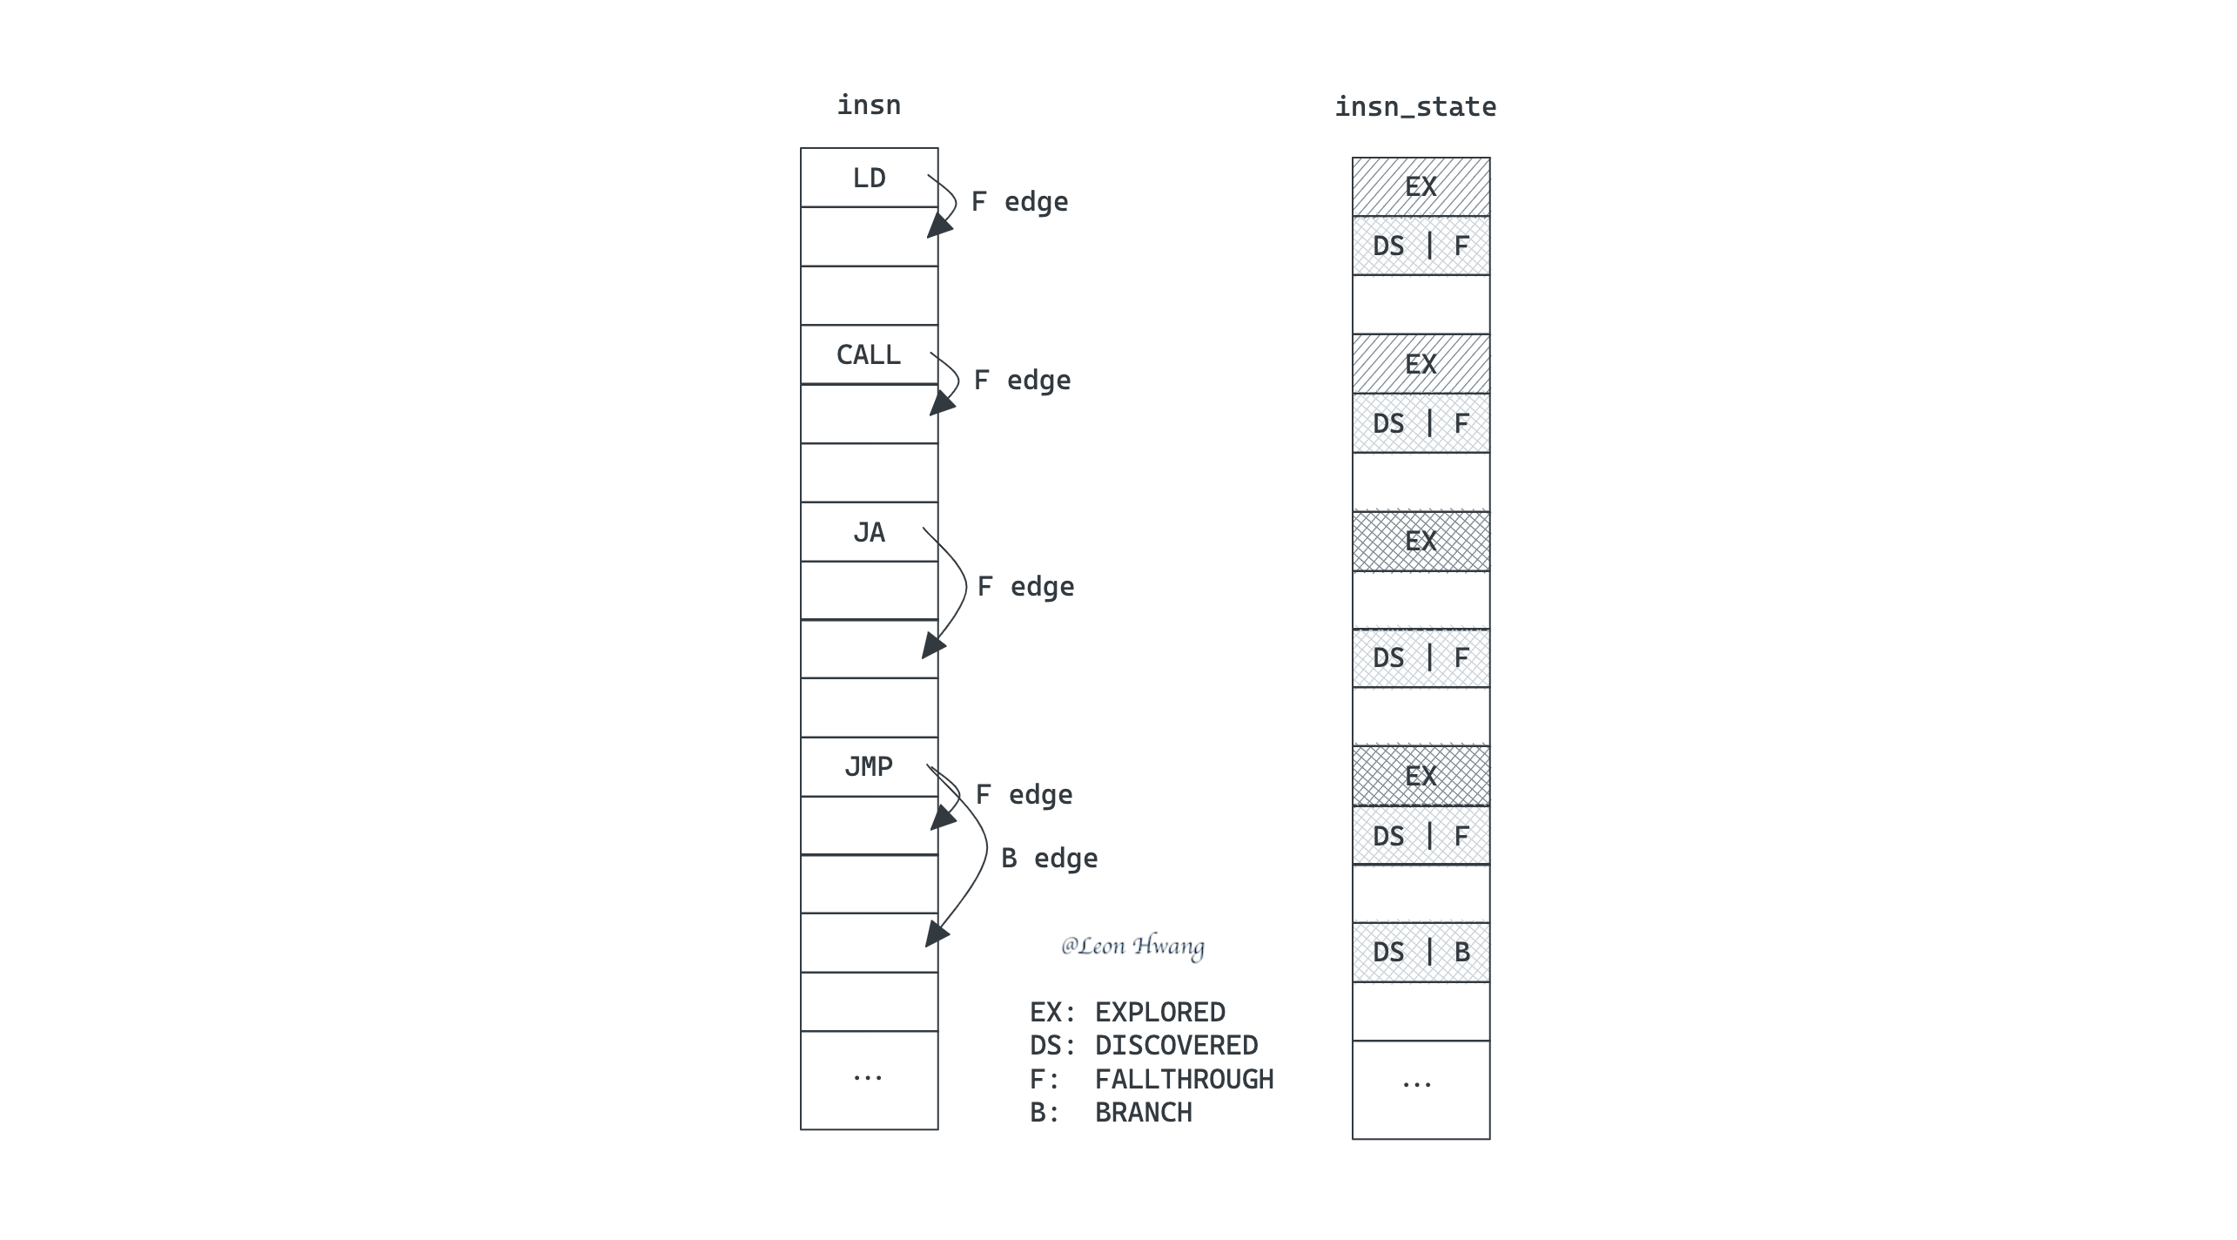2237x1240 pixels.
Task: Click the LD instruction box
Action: pyautogui.click(x=869, y=178)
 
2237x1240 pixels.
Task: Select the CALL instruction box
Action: pyautogui.click(x=869, y=354)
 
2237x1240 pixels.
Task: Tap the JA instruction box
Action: pyautogui.click(x=869, y=532)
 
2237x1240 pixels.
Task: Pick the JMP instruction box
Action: pyautogui.click(x=869, y=767)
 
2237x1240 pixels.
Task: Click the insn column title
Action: pyautogui.click(x=869, y=105)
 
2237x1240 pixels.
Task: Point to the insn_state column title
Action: pyautogui.click(x=1415, y=107)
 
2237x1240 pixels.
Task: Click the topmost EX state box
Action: pyautogui.click(x=1421, y=186)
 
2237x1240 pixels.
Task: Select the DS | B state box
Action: pyautogui.click(x=1421, y=952)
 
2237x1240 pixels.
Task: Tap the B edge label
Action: pyautogui.click(x=1049, y=859)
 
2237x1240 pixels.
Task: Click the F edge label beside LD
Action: pyautogui.click(x=1019, y=202)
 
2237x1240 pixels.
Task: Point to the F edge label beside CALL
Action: pyautogui.click(x=1022, y=381)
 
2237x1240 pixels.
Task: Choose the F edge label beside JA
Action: pyautogui.click(x=1025, y=587)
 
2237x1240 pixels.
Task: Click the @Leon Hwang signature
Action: pyautogui.click(x=1132, y=947)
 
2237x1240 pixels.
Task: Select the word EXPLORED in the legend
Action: pyautogui.click(x=1160, y=1012)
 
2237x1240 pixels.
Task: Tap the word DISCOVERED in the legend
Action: pyautogui.click(x=1176, y=1045)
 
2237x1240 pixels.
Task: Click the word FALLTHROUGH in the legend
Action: pyautogui.click(x=1184, y=1079)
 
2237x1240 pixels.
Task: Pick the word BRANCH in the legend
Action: pyautogui.click(x=1144, y=1112)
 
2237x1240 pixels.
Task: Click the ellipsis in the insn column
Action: pyautogui.click(x=868, y=1078)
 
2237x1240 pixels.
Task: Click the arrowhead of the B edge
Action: pyautogui.click(x=937, y=933)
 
